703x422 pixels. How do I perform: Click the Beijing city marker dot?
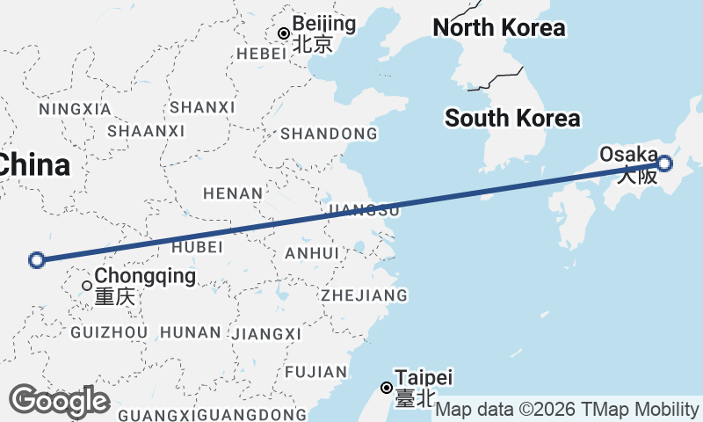tap(284, 34)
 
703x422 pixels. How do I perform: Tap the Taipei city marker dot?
tap(386, 388)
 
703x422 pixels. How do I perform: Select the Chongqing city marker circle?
tap(87, 286)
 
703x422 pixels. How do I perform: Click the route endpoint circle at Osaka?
tap(664, 163)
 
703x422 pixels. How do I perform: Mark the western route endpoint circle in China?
tap(37, 259)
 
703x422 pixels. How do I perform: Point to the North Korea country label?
tap(499, 28)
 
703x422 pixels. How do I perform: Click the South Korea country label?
tap(512, 118)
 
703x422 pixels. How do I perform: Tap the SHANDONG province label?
tap(329, 135)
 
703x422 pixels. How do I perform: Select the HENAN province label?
tap(233, 193)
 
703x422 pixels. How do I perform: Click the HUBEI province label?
tap(198, 248)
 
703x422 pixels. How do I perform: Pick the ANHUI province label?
tap(312, 253)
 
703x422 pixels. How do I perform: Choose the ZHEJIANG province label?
tap(365, 295)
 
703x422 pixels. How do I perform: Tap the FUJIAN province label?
tap(316, 372)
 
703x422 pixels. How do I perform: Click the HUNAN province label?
tap(191, 332)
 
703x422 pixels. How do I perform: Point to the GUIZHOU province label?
tap(109, 332)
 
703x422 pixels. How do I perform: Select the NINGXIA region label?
tap(76, 109)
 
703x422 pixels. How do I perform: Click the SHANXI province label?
tap(203, 107)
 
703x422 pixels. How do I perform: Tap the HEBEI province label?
tap(262, 54)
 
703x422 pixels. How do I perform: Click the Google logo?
tap(59, 401)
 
